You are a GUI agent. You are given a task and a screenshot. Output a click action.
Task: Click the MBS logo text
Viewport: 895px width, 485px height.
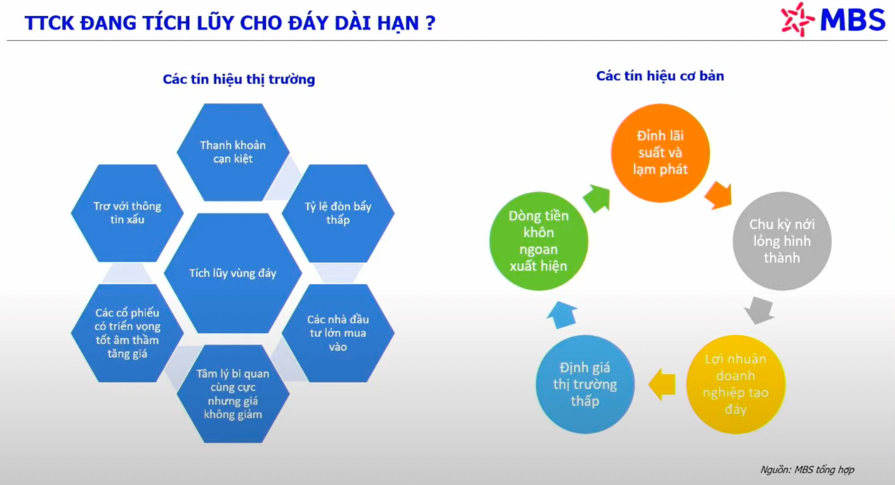pyautogui.click(x=852, y=20)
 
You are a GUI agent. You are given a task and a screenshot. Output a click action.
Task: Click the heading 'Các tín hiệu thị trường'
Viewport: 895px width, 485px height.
pyautogui.click(x=239, y=79)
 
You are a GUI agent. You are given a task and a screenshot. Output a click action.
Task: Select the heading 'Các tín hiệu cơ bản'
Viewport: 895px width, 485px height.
pyautogui.click(x=660, y=76)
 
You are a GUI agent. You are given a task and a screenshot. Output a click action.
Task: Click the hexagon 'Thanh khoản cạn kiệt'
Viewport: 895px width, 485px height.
pyautogui.click(x=233, y=152)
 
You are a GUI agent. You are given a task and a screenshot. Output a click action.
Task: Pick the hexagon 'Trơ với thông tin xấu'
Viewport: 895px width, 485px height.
pyautogui.click(x=127, y=213)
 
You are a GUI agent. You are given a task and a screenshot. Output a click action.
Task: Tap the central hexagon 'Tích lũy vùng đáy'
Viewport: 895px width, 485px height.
pyautogui.click(x=233, y=273)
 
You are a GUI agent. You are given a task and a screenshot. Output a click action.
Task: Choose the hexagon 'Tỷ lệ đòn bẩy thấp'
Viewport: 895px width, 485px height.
pyautogui.click(x=338, y=213)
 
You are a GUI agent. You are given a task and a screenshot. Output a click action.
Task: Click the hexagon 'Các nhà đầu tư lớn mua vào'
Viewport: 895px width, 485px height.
pyautogui.click(x=338, y=333)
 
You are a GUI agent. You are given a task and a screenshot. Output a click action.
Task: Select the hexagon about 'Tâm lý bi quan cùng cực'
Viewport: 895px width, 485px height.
pyautogui.click(x=233, y=394)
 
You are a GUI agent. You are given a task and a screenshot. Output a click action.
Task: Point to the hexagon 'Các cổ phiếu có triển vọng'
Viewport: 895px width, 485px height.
pyautogui.click(x=127, y=333)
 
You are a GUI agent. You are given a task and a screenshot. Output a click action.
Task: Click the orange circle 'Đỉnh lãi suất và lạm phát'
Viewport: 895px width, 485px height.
pyautogui.click(x=660, y=153)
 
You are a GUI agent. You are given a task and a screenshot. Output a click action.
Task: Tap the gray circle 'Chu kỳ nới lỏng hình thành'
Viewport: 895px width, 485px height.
pyautogui.click(x=782, y=241)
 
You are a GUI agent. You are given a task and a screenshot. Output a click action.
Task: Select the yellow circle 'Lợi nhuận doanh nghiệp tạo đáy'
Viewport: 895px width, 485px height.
pyautogui.click(x=736, y=384)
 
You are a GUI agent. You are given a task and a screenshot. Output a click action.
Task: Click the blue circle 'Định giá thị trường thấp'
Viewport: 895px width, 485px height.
pyautogui.click(x=585, y=384)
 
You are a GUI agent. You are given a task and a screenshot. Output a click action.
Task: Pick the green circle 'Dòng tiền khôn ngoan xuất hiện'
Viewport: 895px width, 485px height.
pyautogui.click(x=538, y=241)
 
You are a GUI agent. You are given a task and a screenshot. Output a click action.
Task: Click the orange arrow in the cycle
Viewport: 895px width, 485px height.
pyautogui.click(x=718, y=196)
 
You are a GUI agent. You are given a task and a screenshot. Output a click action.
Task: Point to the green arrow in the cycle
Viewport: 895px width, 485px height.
pyautogui.click(x=597, y=198)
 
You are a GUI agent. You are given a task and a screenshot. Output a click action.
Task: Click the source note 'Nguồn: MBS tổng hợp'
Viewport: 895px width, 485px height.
pyautogui.click(x=807, y=470)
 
